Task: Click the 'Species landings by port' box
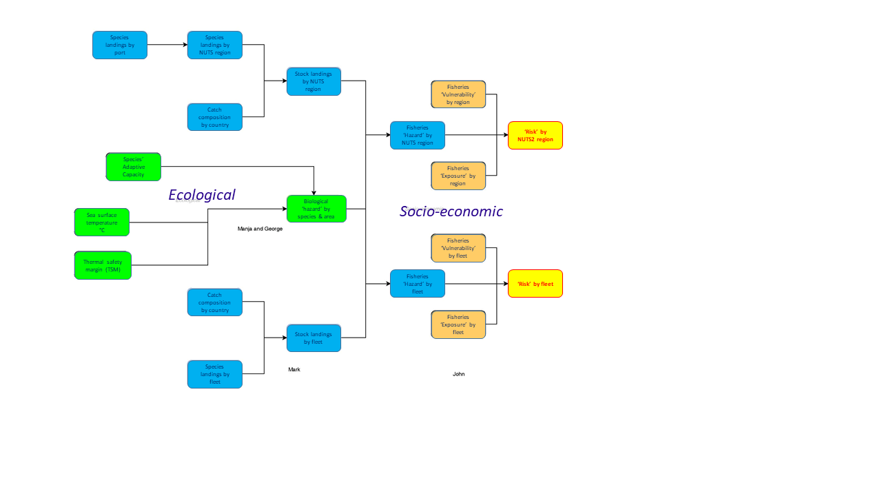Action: click(x=120, y=45)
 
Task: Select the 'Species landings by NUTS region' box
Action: click(x=215, y=45)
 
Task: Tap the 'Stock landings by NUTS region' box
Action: click(x=314, y=81)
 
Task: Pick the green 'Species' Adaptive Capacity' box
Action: click(x=134, y=167)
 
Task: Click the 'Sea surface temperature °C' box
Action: click(x=102, y=223)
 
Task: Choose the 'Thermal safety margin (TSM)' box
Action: click(x=103, y=265)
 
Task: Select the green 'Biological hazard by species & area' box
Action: click(x=316, y=209)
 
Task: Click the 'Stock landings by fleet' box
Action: click(x=314, y=338)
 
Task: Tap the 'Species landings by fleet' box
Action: click(x=215, y=374)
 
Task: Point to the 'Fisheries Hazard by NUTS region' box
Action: click(x=418, y=135)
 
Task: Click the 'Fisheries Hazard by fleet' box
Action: click(x=418, y=283)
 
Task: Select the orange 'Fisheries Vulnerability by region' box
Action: click(x=458, y=94)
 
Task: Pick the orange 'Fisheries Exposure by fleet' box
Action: click(x=458, y=324)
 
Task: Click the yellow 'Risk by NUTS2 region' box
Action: click(x=535, y=135)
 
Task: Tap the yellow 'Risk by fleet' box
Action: click(x=535, y=283)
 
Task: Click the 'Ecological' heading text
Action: click(x=202, y=195)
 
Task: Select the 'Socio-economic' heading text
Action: click(x=451, y=211)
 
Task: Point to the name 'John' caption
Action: click(x=459, y=374)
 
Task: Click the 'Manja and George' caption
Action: click(x=260, y=229)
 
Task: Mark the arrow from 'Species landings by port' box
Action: click(x=167, y=45)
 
